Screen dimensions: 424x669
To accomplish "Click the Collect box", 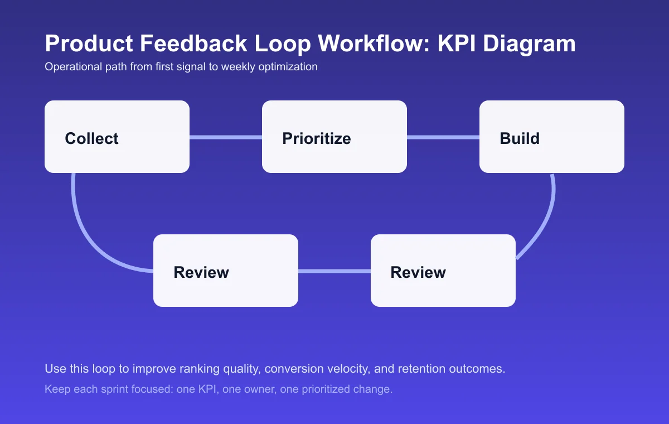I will pos(117,137).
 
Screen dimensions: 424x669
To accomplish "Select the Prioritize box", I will pos(334,137).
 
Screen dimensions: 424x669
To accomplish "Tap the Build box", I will pos(552,137).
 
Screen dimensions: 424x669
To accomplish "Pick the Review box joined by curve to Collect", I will pos(226,271).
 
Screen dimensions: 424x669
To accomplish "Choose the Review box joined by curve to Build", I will pos(443,271).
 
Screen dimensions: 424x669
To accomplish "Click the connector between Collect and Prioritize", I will pos(226,137).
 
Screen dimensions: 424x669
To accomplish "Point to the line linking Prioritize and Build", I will pos(443,137).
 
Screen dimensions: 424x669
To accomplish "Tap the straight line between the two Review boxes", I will pos(334,271).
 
